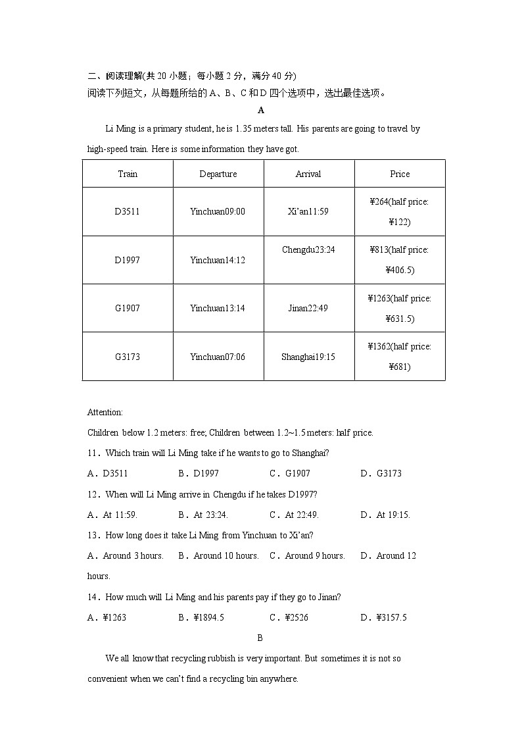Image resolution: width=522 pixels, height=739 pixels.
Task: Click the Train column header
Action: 128,174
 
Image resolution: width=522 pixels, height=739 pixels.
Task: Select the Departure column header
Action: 218,174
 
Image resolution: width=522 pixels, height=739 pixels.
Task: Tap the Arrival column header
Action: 308,174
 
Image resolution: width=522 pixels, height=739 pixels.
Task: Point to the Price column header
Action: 400,174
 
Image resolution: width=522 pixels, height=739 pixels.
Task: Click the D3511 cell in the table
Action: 127,212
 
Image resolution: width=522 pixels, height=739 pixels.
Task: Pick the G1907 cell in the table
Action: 127,308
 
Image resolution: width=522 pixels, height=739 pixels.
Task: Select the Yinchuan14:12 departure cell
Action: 218,260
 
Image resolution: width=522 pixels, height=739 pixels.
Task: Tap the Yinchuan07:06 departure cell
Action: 218,357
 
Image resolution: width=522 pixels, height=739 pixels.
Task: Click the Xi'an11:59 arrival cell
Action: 308,212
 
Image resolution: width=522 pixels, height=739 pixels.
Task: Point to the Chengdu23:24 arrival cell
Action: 308,250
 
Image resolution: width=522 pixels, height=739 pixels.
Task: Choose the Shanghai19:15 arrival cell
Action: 308,357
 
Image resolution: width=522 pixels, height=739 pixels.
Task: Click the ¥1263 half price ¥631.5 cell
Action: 400,308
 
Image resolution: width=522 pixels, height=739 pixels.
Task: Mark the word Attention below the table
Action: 105,413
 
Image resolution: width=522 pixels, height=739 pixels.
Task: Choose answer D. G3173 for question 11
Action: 381,474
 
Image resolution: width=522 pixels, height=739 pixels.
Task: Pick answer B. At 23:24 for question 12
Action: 203,515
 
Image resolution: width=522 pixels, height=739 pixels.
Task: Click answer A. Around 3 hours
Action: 126,556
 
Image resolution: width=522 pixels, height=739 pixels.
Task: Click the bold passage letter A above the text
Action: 261,111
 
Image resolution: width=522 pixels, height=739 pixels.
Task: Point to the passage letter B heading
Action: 260,638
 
